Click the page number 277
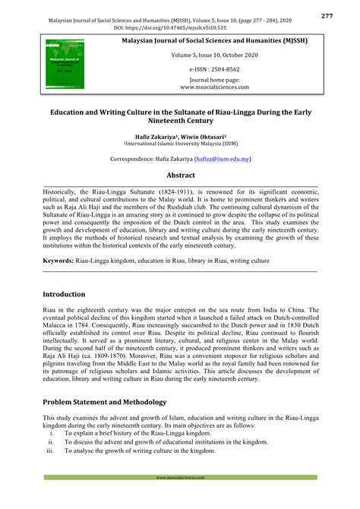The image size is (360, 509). click(x=348, y=15)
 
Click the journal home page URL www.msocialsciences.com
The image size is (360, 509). click(x=204, y=87)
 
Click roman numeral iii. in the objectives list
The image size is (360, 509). click(x=51, y=450)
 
